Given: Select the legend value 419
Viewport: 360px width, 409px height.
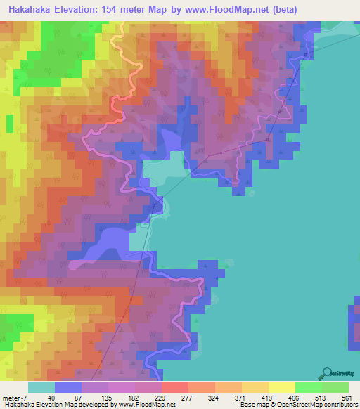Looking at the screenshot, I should tap(308, 398).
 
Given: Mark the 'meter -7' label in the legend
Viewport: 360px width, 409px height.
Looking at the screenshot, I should tap(13, 398).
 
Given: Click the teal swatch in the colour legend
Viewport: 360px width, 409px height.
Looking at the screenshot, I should tap(41, 387).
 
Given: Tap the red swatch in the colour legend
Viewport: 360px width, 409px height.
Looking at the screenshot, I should tap(175, 387).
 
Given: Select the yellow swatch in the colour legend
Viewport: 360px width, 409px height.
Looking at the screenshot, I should tap(282, 387).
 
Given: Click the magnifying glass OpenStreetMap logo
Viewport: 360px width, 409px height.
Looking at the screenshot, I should tap(328, 373).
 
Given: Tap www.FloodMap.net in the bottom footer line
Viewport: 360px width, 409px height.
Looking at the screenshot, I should tap(147, 405).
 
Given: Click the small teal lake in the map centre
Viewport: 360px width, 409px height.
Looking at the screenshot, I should tap(166, 168).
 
